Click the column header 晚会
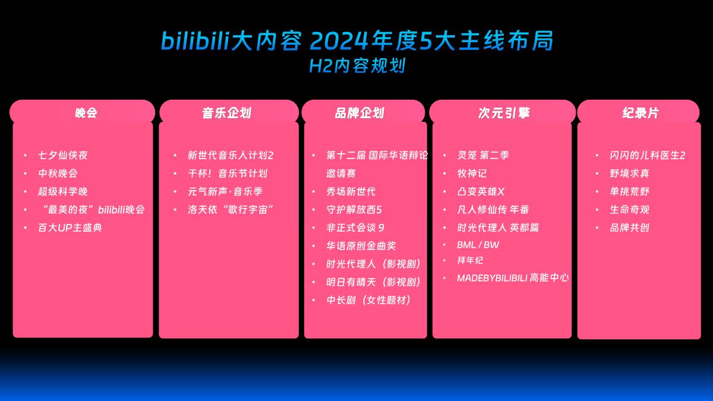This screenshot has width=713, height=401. pos(86,112)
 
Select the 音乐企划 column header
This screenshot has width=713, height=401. pos(226,112)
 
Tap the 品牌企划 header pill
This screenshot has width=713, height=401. pos(359,112)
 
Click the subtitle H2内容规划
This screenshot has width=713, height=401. pos(357,65)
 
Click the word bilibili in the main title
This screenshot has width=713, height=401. pos(195,40)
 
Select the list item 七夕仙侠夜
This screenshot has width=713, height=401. pos(63,155)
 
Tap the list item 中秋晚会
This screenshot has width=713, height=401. pos(58,173)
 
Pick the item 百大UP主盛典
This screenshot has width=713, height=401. pos(70,228)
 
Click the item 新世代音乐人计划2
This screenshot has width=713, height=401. pos(231,155)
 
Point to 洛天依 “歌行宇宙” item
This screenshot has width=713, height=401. pos(231,210)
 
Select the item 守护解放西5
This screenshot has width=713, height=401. pos(354,210)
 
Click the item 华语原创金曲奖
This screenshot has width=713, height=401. pos(361,245)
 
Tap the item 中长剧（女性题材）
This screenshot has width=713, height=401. pos(369,300)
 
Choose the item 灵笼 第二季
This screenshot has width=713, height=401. pos(482,155)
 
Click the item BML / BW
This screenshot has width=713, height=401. pos(478,245)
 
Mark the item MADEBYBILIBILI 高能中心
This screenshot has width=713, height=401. pos(513,277)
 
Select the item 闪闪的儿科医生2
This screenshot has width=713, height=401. pos(647,155)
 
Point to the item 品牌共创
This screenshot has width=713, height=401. pos(629,228)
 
